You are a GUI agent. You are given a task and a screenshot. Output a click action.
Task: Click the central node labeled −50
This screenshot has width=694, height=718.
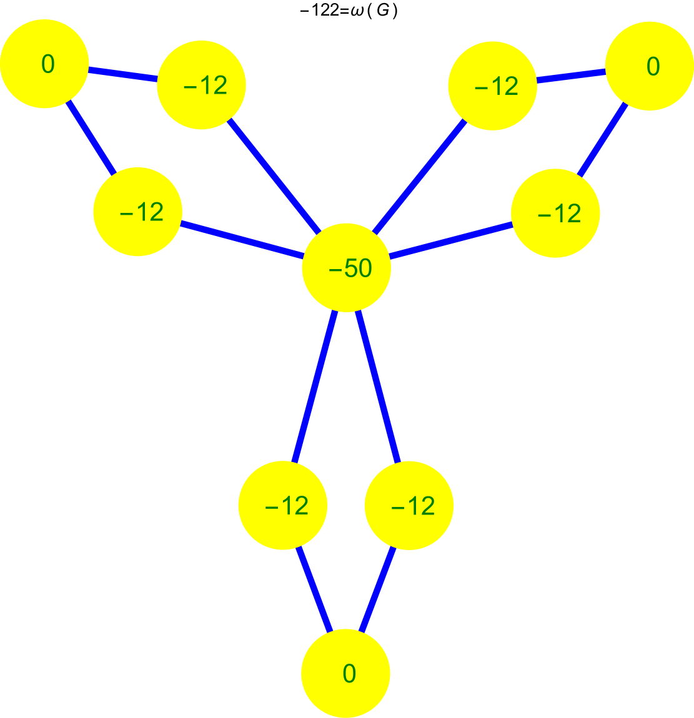[346, 267]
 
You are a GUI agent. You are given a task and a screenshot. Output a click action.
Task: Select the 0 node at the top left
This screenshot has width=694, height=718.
[44, 64]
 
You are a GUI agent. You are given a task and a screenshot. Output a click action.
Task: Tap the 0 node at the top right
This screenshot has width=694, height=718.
[650, 66]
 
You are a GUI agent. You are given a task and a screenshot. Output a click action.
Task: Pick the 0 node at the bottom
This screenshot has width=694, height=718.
[346, 673]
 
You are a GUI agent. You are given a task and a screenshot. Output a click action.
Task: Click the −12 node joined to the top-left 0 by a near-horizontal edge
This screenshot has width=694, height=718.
[201, 85]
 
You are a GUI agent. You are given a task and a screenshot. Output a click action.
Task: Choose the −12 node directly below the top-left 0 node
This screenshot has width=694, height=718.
[137, 212]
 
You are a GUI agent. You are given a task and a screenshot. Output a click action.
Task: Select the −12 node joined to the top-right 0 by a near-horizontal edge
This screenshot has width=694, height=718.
[492, 86]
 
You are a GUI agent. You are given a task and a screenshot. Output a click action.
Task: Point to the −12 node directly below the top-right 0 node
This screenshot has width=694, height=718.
[555, 213]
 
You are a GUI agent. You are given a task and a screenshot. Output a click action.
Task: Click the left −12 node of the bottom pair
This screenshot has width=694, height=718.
[283, 505]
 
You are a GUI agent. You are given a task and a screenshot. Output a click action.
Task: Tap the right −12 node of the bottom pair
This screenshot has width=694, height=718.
[409, 505]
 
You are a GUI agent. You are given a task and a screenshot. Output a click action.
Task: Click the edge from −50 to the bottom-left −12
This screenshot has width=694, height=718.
[314, 387]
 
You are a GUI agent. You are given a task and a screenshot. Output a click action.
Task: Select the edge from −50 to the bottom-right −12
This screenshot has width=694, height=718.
[378, 387]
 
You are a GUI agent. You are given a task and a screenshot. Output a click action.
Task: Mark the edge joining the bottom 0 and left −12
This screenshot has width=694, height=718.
[314, 589]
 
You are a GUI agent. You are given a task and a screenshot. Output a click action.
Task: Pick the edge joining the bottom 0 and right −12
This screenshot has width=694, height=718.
[378, 589]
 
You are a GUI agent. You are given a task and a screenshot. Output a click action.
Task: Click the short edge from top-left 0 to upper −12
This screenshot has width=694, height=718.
[122, 74]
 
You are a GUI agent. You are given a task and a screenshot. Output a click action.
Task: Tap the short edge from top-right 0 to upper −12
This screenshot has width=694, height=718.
[571, 76]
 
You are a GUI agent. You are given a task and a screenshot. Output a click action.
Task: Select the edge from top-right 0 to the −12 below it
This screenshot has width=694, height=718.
[602, 140]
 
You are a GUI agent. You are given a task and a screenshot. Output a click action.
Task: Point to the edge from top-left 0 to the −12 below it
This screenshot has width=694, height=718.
[91, 138]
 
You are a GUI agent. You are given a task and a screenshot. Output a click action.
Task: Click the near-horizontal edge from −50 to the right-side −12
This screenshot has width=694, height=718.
[450, 240]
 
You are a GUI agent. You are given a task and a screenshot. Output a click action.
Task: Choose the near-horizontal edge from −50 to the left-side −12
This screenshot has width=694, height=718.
[242, 240]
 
